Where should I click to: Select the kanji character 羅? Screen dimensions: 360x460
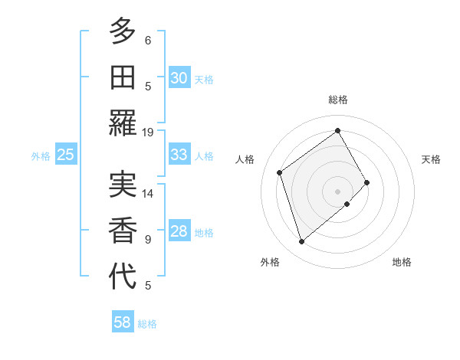coord(123,123)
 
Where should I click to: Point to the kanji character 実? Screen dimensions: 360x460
coord(123,185)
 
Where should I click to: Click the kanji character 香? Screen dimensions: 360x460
coord(123,231)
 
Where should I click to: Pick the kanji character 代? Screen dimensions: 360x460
coord(123,277)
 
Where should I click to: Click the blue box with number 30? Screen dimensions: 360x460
coord(179,77)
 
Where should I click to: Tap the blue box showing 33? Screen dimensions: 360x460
coord(179,154)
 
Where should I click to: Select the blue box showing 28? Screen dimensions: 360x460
coord(179,231)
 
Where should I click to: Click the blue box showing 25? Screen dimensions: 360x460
coord(66,155)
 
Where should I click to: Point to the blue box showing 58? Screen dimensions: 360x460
coord(123,322)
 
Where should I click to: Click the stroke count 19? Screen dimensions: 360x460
coord(147,133)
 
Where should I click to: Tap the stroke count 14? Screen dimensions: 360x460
coord(147,194)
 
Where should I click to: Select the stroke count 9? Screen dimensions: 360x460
coord(148,240)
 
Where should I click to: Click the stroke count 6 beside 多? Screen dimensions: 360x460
coord(148,41)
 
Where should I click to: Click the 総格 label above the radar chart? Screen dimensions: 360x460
coord(338,100)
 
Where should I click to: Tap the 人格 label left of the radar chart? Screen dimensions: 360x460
coord(245,159)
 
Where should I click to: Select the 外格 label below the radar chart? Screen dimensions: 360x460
coord(270,262)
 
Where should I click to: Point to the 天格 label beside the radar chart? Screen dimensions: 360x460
coord(431,159)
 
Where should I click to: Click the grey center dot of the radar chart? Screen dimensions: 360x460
coord(337,191)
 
